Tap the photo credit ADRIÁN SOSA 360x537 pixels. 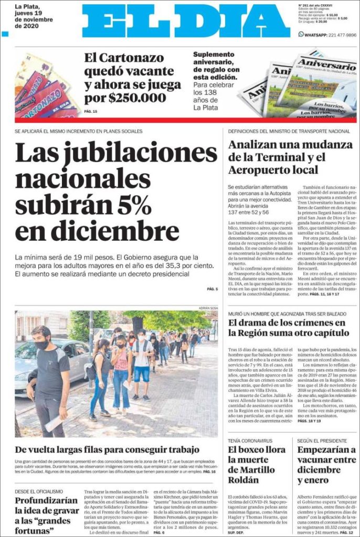[208, 308]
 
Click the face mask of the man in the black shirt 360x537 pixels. [41, 345]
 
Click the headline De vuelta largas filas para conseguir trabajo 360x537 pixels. [107, 449]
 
